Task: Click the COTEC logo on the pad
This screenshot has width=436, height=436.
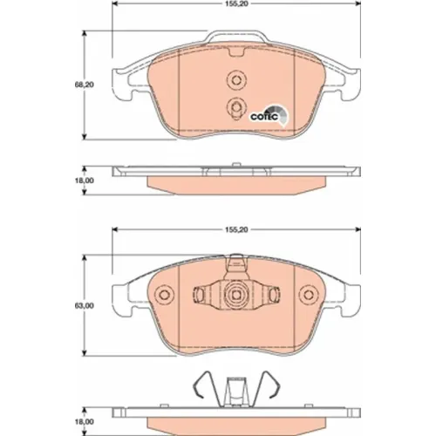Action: (x=269, y=116)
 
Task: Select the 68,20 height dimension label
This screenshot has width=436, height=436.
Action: (x=85, y=85)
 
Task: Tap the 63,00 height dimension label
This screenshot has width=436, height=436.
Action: (x=85, y=306)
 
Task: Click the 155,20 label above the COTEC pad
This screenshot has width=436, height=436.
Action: (x=236, y=4)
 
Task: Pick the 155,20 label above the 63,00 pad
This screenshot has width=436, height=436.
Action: (x=236, y=230)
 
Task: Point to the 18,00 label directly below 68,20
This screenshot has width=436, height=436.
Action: (x=85, y=181)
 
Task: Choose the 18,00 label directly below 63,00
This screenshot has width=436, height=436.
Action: (x=85, y=422)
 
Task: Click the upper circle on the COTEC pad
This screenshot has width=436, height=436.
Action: (x=236, y=78)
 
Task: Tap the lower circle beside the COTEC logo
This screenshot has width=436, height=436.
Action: (x=236, y=106)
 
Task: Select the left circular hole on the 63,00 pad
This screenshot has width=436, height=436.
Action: (x=164, y=295)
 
